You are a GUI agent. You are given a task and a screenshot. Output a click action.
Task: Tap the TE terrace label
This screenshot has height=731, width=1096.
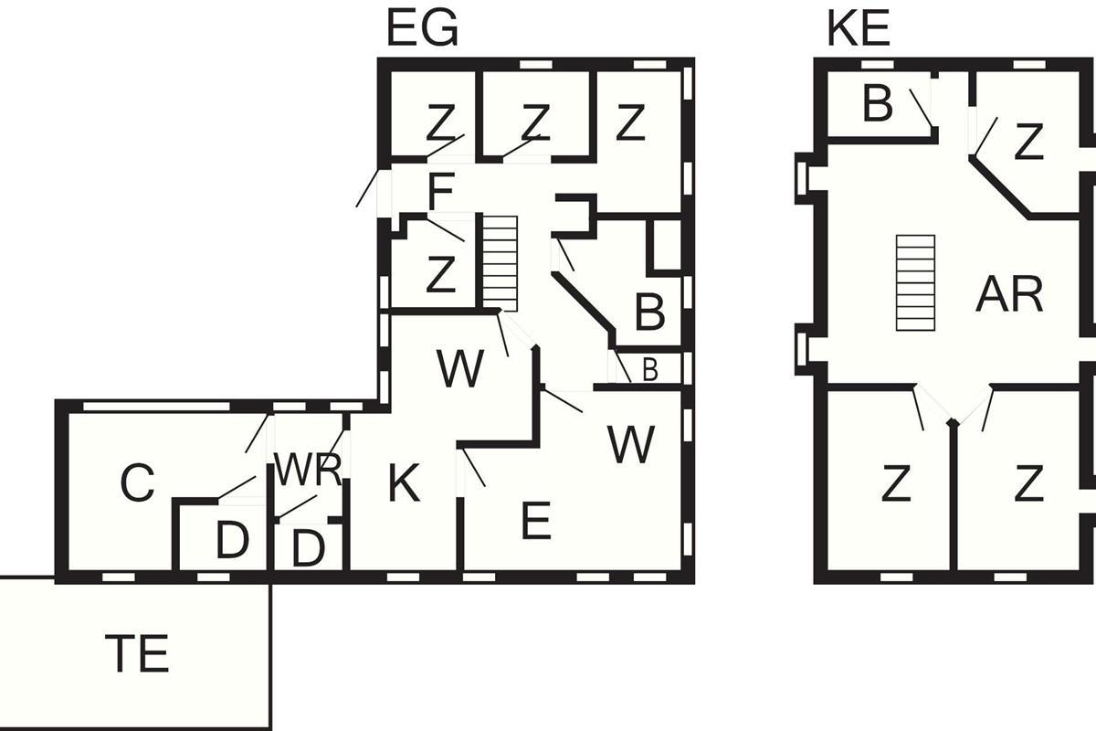(x=137, y=654)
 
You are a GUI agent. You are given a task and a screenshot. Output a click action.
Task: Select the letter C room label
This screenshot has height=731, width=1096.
(x=137, y=484)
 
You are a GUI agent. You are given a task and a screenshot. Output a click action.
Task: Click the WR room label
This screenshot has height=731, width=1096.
(x=308, y=470)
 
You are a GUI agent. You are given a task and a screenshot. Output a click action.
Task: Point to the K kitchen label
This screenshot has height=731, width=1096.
(x=404, y=484)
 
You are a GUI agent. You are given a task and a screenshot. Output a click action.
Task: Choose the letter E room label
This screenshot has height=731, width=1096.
(x=535, y=522)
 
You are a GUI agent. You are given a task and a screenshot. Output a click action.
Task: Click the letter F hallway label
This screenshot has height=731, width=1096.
(x=440, y=193)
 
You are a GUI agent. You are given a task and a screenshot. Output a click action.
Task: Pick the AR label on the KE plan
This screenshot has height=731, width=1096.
(x=1008, y=294)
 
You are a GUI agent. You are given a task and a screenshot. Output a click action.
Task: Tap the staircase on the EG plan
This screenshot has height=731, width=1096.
(x=500, y=263)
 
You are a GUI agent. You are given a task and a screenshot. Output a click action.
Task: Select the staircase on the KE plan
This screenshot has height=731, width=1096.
(x=916, y=282)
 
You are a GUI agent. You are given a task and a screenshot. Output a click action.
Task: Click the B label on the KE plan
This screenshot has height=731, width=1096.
(x=877, y=105)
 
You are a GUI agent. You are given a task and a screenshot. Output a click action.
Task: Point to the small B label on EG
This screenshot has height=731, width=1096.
(x=649, y=369)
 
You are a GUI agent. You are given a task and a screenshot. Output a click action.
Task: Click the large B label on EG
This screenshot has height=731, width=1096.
(x=648, y=313)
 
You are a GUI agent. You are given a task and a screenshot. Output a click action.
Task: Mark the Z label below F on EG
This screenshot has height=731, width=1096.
(x=440, y=275)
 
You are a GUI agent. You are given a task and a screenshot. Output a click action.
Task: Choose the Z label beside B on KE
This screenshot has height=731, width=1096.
(x=1028, y=143)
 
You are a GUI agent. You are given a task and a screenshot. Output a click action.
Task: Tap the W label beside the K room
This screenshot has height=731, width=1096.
(x=459, y=369)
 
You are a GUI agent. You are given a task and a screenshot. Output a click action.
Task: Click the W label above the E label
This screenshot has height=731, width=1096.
(x=630, y=445)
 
